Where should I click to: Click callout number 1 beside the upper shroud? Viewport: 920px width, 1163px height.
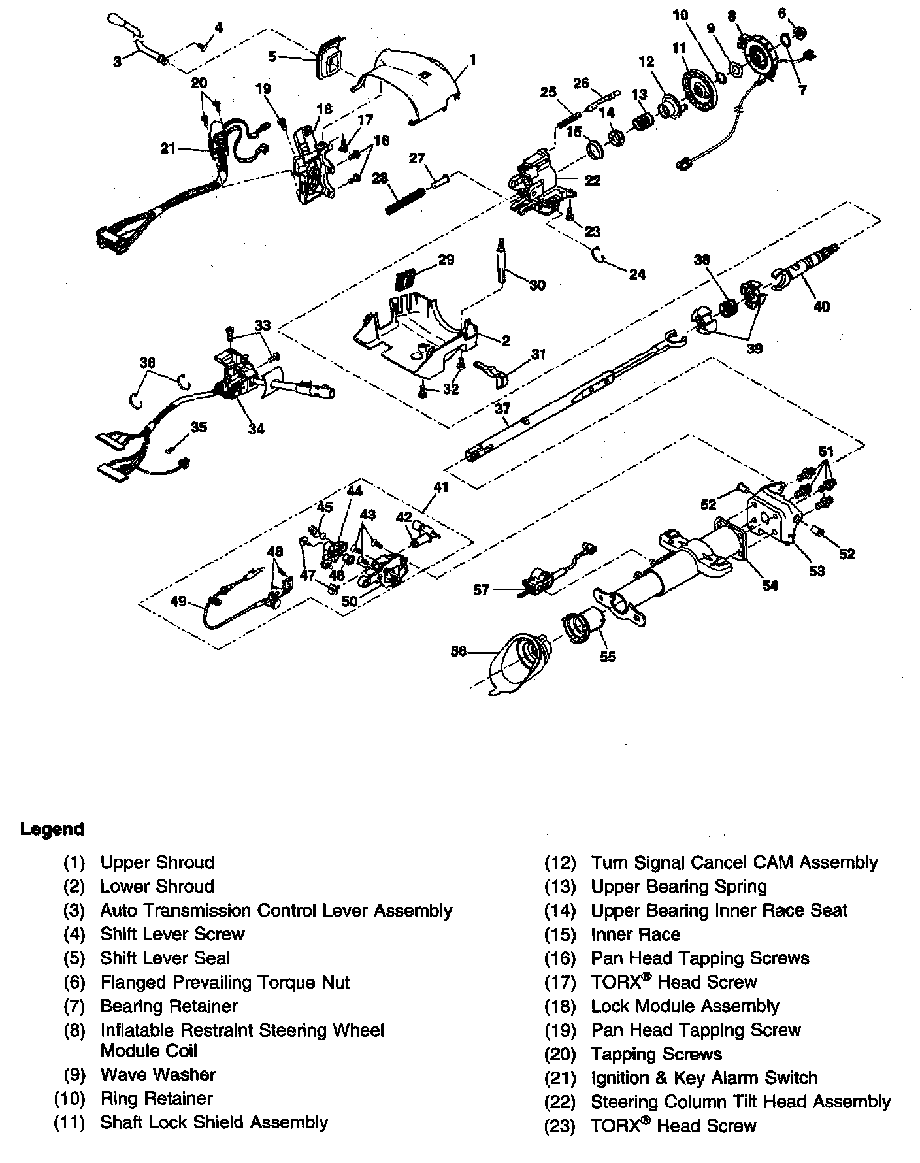pyautogui.click(x=472, y=60)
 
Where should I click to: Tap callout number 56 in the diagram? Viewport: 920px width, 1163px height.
pyautogui.click(x=459, y=651)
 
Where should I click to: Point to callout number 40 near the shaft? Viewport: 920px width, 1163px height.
pyautogui.click(x=821, y=305)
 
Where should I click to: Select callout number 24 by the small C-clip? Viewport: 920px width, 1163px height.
pyautogui.click(x=637, y=274)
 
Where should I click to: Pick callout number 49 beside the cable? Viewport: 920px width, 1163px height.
pyautogui.click(x=179, y=602)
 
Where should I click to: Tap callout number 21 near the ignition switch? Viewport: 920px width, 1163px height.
pyautogui.click(x=168, y=149)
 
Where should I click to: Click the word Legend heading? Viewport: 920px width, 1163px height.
pyautogui.click(x=52, y=830)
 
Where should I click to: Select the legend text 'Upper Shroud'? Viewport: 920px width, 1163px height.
pyautogui.click(x=157, y=862)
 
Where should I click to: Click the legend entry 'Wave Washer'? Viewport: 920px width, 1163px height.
pyautogui.click(x=157, y=1074)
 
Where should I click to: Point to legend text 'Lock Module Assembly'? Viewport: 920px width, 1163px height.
pyautogui.click(x=685, y=1006)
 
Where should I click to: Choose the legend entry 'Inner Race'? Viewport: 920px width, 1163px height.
pyautogui.click(x=635, y=934)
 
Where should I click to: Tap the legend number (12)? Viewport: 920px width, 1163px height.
pyautogui.click(x=560, y=863)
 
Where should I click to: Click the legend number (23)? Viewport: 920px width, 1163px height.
pyautogui.click(x=560, y=1126)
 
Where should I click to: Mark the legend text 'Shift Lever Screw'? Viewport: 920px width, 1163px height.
pyautogui.click(x=172, y=934)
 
